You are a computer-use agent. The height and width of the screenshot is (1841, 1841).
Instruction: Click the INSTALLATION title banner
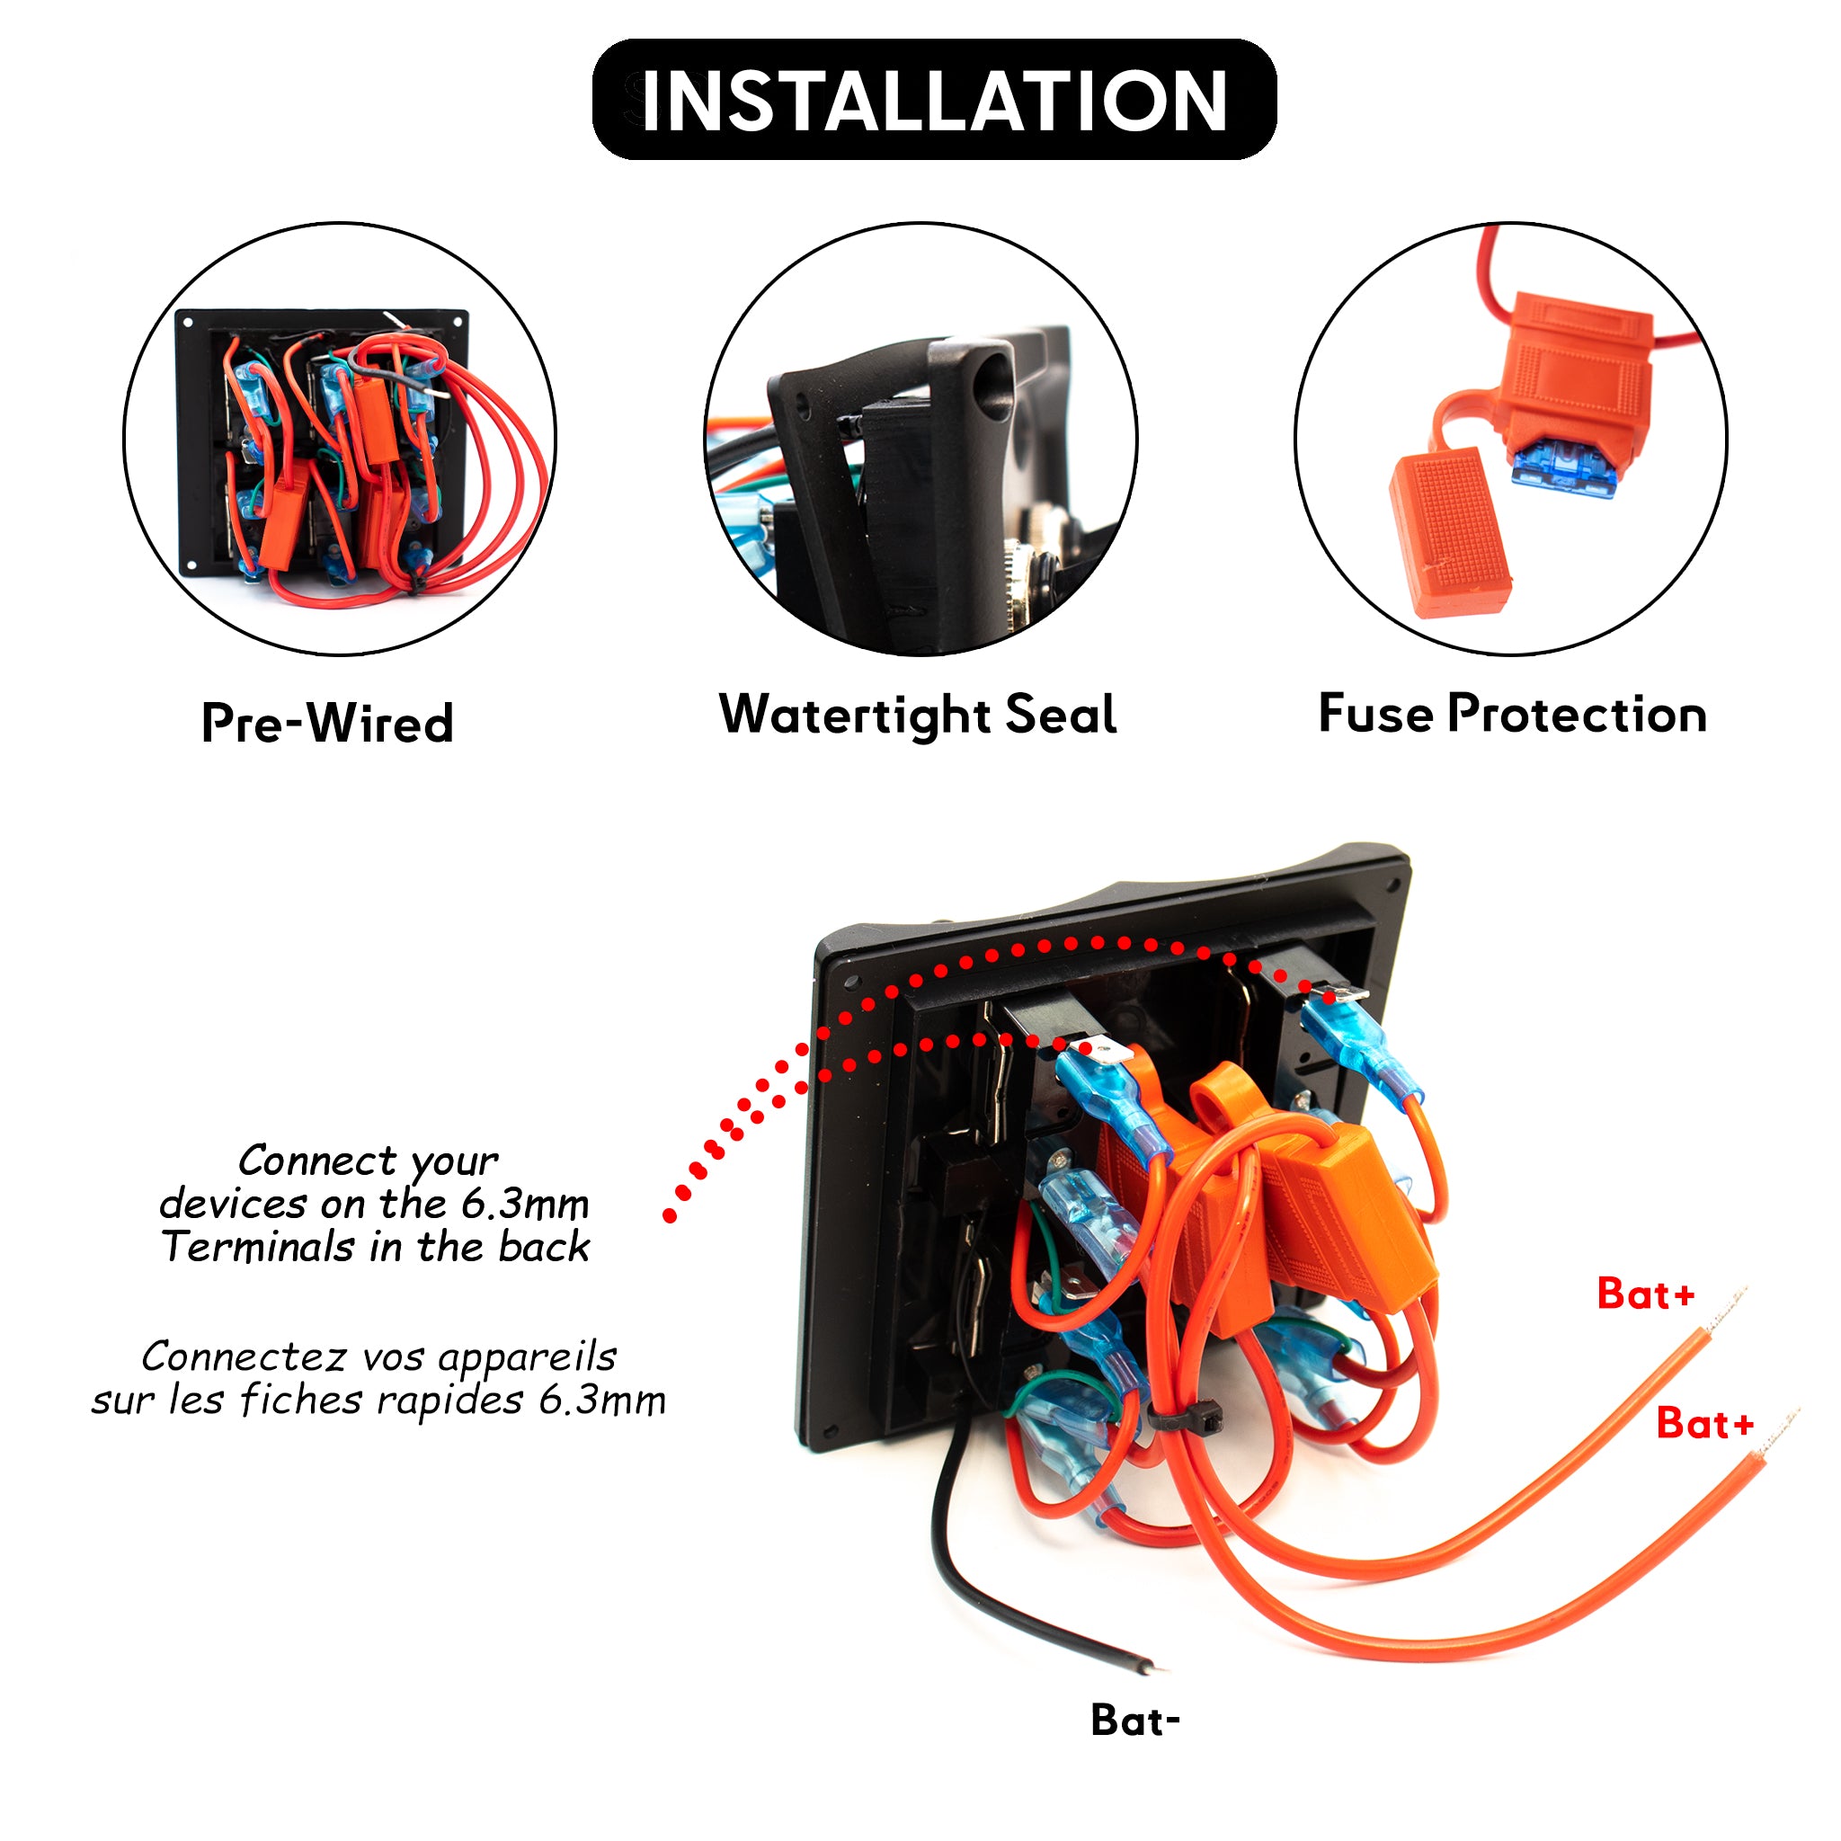pyautogui.click(x=934, y=100)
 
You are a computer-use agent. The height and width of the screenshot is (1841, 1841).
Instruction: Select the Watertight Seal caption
pyautogui.click(x=918, y=715)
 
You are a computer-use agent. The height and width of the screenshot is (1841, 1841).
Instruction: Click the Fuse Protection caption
pyautogui.click(x=1512, y=714)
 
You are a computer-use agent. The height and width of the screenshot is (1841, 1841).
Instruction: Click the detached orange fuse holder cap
pyautogui.click(x=1449, y=534)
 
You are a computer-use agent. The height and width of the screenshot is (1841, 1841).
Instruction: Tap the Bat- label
pyautogui.click(x=1135, y=1720)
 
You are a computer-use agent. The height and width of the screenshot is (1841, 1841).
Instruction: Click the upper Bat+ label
pyautogui.click(x=1646, y=1294)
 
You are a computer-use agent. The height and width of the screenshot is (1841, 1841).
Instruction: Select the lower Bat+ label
pyautogui.click(x=1704, y=1424)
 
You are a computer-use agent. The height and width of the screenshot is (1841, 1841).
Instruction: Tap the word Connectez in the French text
pyautogui.click(x=243, y=1356)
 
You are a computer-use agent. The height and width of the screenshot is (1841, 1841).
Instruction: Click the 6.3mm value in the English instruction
pyautogui.click(x=525, y=1204)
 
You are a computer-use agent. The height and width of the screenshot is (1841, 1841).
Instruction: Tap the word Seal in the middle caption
pyautogui.click(x=1061, y=715)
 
